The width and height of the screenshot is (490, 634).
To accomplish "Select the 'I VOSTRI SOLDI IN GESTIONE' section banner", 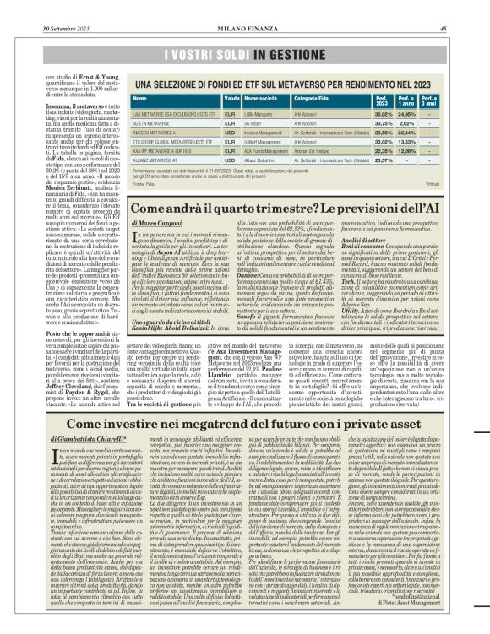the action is point(245,33).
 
